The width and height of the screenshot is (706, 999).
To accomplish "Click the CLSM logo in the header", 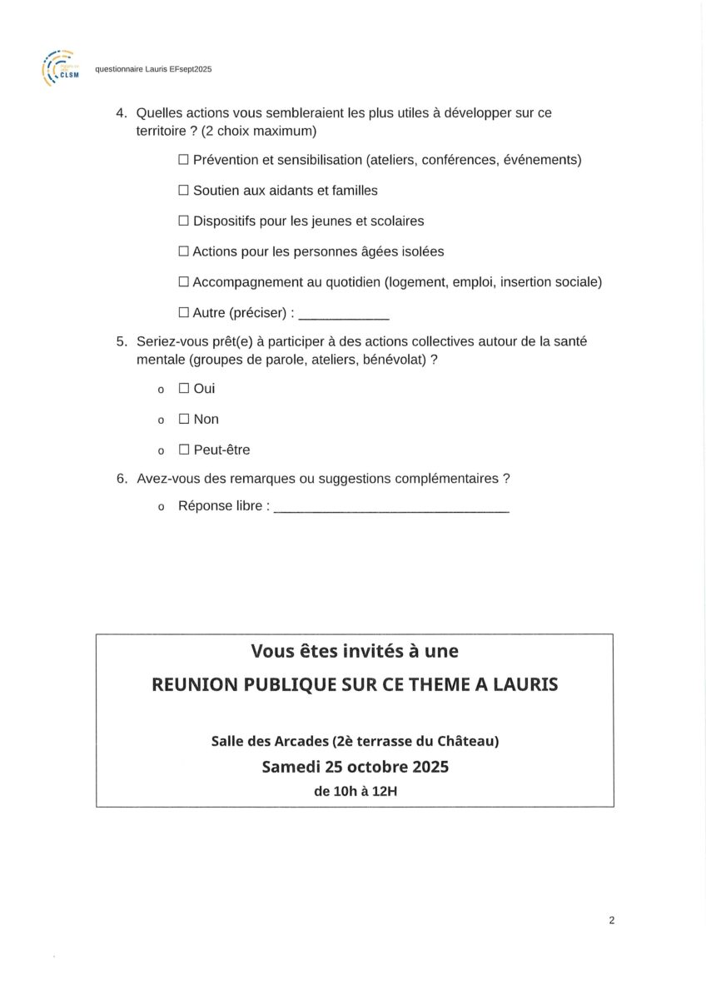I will [x=59, y=68].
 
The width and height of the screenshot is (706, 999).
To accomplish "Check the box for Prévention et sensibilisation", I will [x=184, y=160].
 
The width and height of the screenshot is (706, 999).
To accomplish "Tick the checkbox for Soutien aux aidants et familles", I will [x=184, y=191].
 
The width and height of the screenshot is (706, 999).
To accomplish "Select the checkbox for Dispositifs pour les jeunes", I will [x=184, y=221].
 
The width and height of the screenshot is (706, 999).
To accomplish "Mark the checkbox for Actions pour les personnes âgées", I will [x=184, y=251].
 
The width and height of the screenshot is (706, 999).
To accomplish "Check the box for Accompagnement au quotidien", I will [x=184, y=282].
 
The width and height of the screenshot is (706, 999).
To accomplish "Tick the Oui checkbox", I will [x=184, y=389].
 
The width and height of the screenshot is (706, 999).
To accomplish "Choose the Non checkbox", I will [x=184, y=420].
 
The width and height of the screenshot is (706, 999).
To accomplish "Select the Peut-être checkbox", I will [x=184, y=450].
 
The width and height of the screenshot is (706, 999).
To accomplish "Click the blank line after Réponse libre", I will [x=391, y=509].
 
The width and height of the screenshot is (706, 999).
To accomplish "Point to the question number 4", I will [x=120, y=113].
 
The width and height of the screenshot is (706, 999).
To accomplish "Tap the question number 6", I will [x=120, y=479].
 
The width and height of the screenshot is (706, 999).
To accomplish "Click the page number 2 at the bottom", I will [x=612, y=920].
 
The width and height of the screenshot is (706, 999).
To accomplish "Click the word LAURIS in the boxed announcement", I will [x=522, y=684].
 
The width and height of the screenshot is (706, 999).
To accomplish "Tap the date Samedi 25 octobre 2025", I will [x=355, y=767].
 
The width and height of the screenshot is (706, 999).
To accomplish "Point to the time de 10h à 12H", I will [x=355, y=792].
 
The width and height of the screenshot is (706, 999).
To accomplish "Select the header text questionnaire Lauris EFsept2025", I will [x=153, y=70].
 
